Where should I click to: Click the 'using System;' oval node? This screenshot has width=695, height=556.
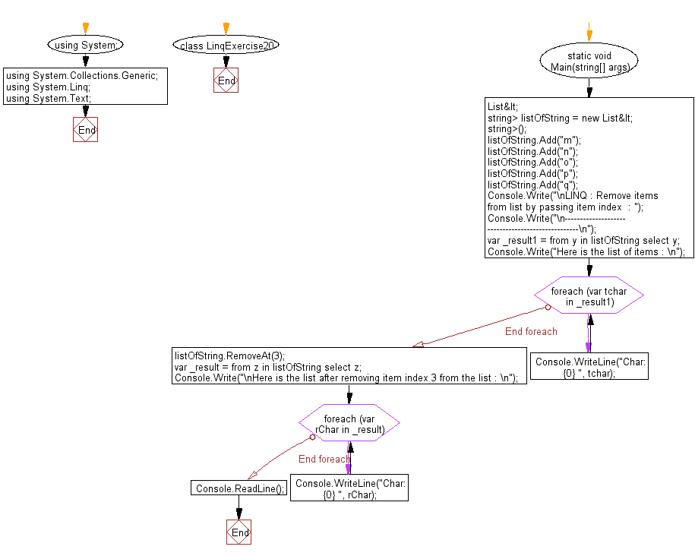point(86,46)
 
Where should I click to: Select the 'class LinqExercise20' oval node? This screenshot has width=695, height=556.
point(226,46)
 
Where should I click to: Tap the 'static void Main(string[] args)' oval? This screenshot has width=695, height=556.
point(589,61)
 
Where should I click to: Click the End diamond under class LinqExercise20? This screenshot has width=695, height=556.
point(226,81)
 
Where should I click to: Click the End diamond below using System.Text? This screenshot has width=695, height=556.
point(86,130)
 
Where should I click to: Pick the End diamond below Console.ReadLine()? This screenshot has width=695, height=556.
point(239,532)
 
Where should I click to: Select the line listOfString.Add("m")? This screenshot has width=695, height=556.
point(534,141)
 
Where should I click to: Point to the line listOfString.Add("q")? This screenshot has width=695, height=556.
point(532,185)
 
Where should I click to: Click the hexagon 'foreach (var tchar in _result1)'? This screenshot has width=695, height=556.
point(589,296)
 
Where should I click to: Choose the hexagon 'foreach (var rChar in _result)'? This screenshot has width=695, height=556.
point(349,424)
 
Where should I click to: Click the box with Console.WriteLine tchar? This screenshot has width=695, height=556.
point(590,368)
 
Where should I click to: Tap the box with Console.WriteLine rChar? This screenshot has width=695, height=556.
point(350,488)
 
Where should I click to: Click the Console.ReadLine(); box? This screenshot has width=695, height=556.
point(240,488)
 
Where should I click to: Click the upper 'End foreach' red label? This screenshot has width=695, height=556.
point(531,331)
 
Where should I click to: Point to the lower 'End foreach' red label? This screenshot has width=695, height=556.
point(324,459)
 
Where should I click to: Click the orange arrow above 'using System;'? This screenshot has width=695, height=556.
point(86,28)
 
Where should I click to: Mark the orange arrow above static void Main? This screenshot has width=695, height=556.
point(589,35)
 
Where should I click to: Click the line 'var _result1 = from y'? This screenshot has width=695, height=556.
point(583,240)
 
